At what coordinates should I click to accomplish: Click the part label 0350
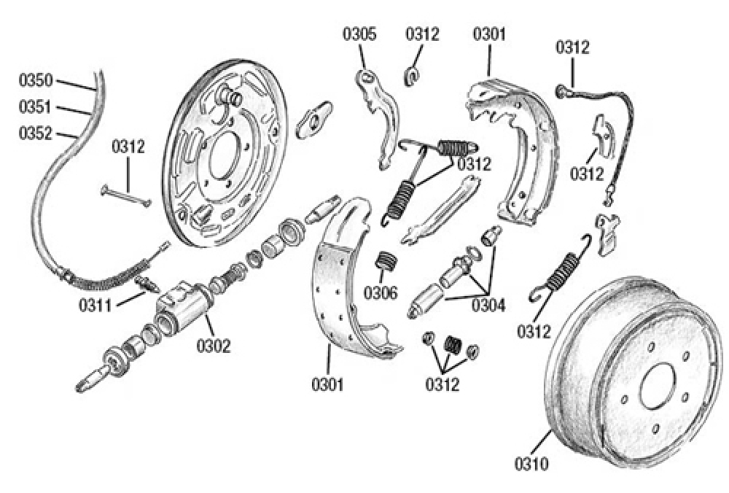tap(35, 79)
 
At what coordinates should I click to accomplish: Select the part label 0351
tap(35, 107)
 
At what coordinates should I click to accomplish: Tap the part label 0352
tap(35, 133)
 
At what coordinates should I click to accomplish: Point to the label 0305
tap(360, 34)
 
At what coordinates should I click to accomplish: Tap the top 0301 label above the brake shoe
tap(490, 34)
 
